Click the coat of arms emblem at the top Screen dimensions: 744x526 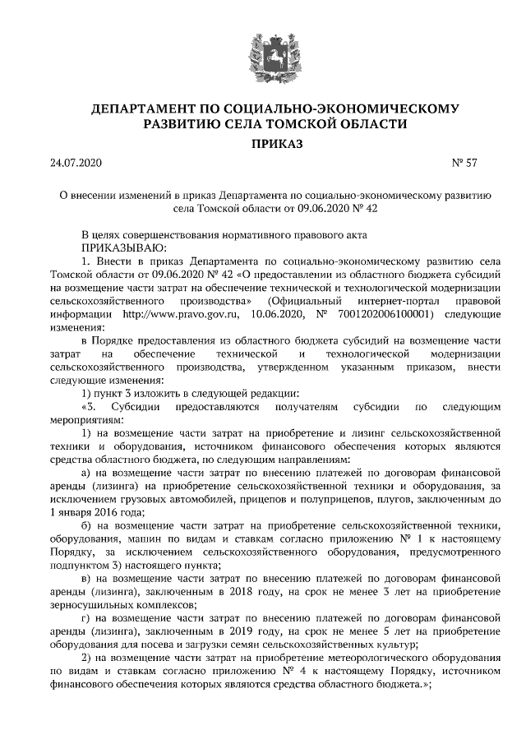point(262,52)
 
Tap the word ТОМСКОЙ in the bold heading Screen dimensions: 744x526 point(313,124)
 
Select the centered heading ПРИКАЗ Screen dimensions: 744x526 point(263,144)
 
